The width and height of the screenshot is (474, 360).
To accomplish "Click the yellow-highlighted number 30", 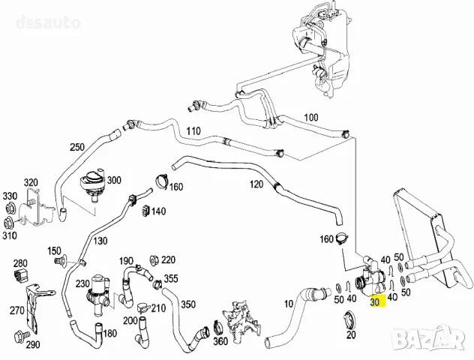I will [375, 301].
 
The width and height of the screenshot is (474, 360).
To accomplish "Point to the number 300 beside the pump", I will [113, 181].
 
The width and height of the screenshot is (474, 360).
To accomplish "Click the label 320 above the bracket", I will [30, 182].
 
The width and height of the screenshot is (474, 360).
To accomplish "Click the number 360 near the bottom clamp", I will [220, 341].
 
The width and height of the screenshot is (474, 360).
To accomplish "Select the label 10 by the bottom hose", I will [289, 305].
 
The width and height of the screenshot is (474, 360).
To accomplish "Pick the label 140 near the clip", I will [158, 211].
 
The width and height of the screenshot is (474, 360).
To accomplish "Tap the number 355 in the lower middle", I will [171, 279].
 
